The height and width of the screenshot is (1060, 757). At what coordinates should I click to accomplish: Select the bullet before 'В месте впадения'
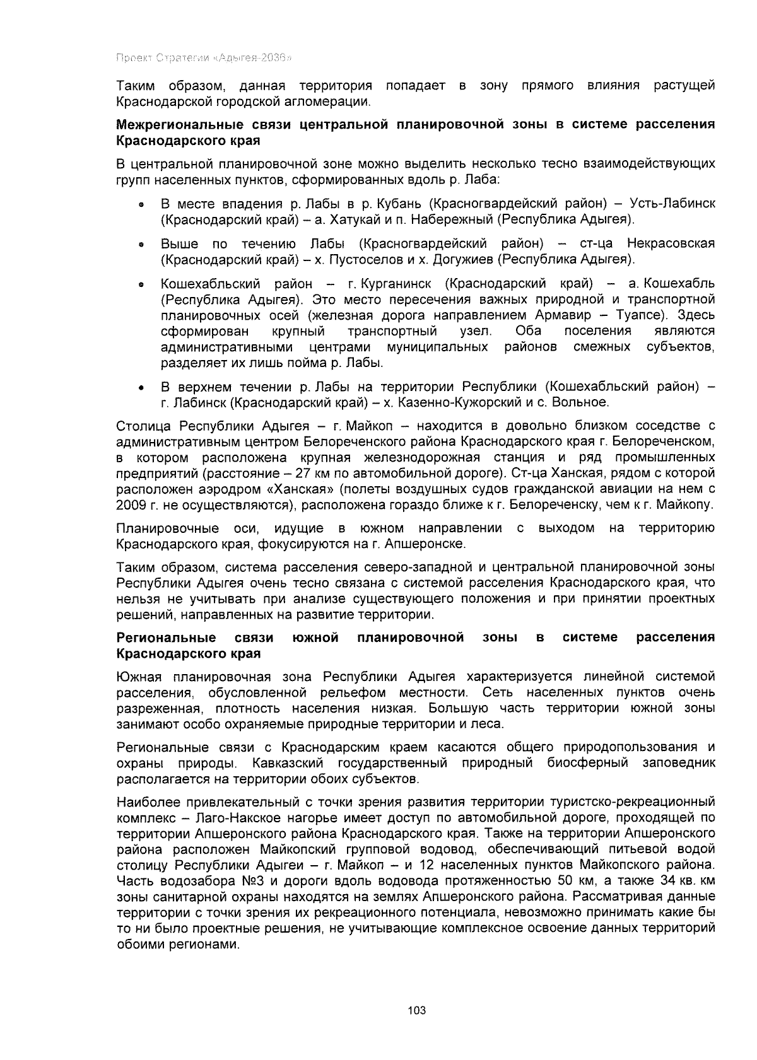pos(142,205)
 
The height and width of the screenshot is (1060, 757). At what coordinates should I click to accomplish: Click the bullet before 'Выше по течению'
pos(142,245)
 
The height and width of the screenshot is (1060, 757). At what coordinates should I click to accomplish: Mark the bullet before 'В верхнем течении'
pos(142,387)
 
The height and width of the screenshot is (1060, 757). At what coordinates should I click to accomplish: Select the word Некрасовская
pos(671,243)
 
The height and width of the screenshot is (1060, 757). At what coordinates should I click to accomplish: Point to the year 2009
pos(131,505)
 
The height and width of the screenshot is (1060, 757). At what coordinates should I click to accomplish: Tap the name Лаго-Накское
pos(242,818)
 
